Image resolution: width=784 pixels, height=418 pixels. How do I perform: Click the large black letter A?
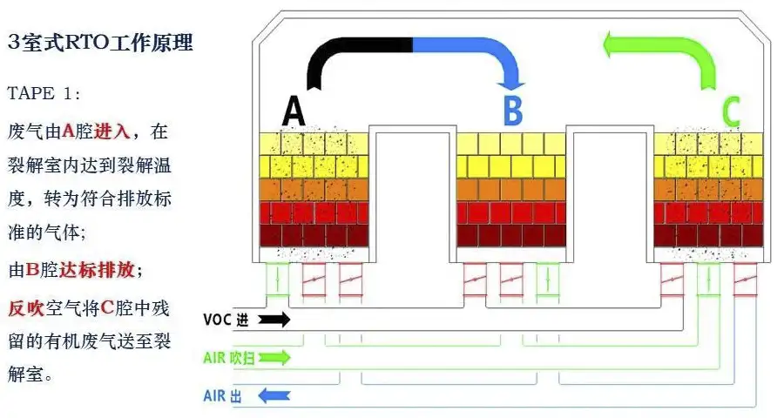[x=294, y=112]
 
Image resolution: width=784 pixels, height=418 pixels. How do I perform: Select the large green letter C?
[x=730, y=112]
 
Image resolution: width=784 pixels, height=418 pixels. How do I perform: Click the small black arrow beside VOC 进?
[x=274, y=320]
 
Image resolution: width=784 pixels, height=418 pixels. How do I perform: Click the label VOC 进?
[x=226, y=320]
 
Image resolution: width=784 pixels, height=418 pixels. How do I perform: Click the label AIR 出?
[x=221, y=396]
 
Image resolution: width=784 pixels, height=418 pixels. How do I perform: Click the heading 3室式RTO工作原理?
[x=99, y=42]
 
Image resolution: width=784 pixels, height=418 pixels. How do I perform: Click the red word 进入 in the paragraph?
[x=112, y=131]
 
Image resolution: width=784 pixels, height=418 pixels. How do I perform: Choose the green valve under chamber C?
[x=708, y=280]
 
